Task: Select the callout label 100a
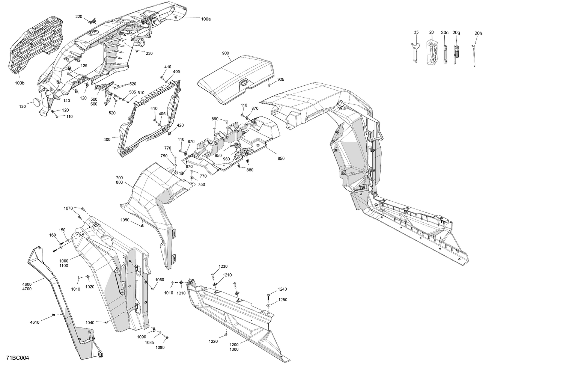click(x=206, y=19)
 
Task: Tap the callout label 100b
click(x=20, y=83)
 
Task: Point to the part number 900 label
click(x=225, y=53)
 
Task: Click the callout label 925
click(x=281, y=80)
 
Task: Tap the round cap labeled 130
click(x=37, y=102)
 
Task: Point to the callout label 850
click(x=281, y=158)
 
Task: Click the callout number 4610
click(x=35, y=322)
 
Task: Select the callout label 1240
click(x=282, y=289)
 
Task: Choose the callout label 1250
click(x=282, y=300)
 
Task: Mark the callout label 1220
click(x=213, y=341)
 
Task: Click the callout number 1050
click(x=125, y=220)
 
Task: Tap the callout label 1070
click(x=68, y=208)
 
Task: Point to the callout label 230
click(x=149, y=53)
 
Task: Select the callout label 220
click(x=78, y=17)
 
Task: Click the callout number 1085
click(x=149, y=342)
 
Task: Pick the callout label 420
click(x=180, y=125)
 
